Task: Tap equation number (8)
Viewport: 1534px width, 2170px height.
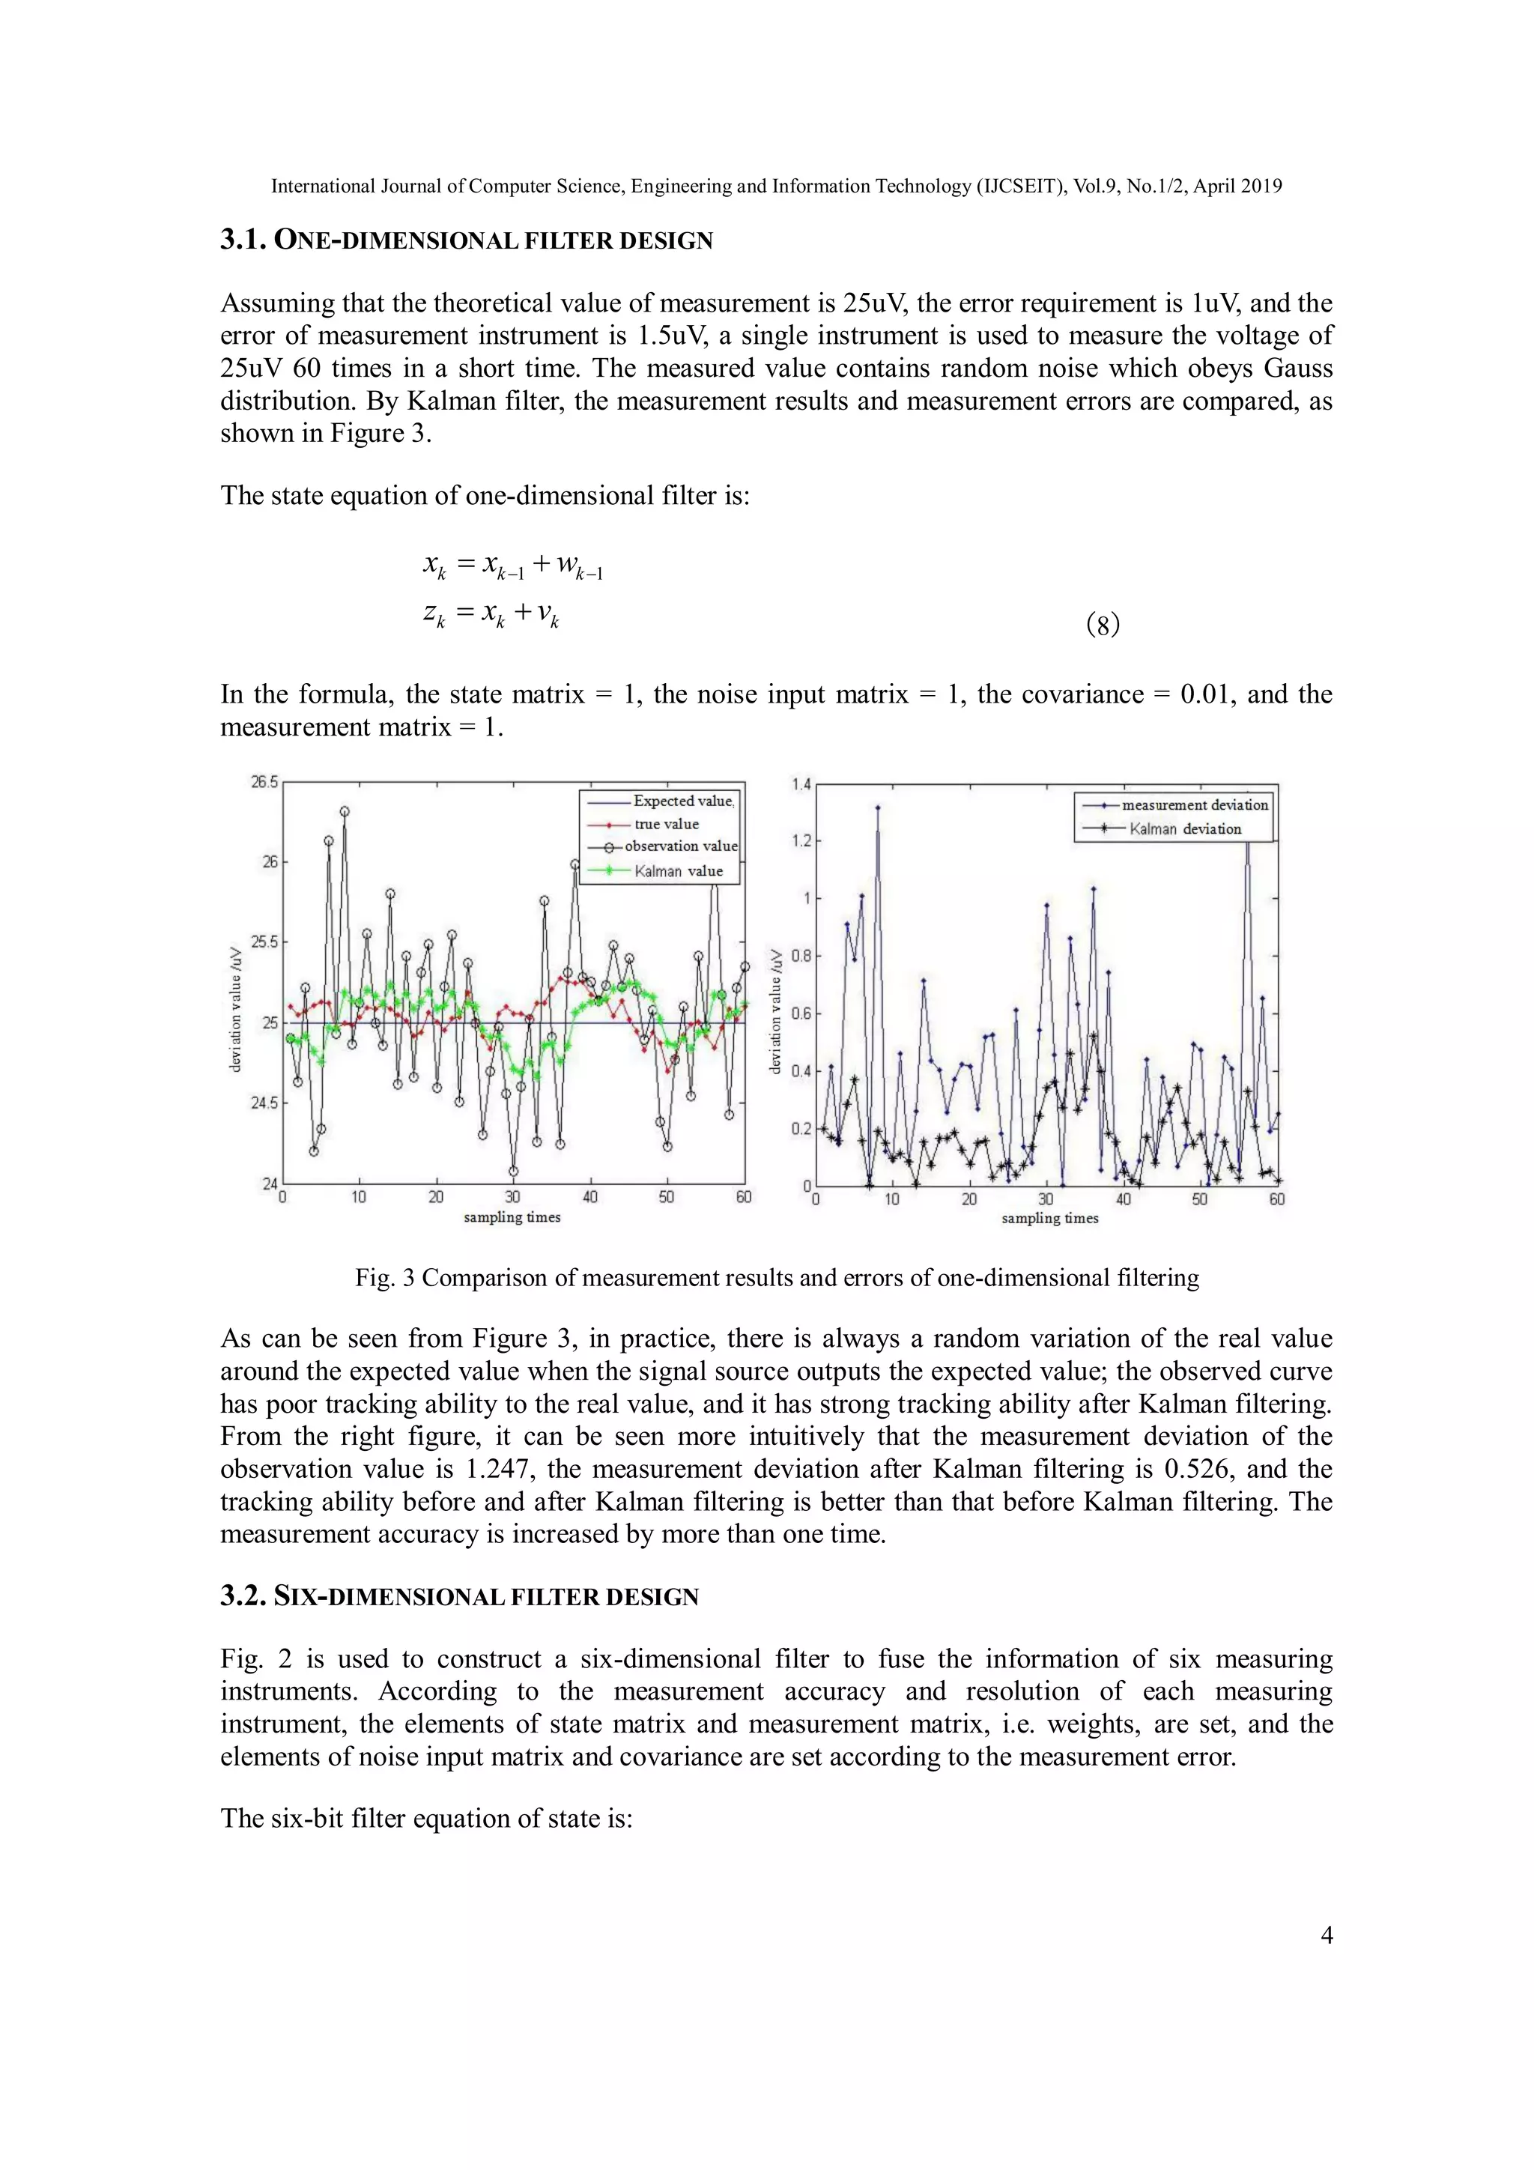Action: [x=1102, y=625]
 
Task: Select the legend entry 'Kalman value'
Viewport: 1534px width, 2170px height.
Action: [x=678, y=871]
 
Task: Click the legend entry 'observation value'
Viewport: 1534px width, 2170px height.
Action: [x=679, y=846]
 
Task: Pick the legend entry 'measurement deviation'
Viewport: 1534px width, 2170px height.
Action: [x=1194, y=805]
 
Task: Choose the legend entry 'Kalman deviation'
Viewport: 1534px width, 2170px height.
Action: [x=1184, y=829]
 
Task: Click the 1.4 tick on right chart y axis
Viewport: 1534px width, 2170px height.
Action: [x=801, y=784]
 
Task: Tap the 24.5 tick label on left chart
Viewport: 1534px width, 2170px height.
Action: [x=264, y=1103]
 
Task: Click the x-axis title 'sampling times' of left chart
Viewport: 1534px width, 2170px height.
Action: [x=512, y=1217]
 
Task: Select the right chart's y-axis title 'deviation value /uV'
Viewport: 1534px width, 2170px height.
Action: [x=776, y=1011]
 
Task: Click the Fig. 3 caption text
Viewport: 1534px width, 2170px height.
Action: [x=776, y=1278]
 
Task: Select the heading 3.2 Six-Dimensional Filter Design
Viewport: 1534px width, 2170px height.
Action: [x=459, y=1596]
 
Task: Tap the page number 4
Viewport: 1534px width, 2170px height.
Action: [x=1326, y=1935]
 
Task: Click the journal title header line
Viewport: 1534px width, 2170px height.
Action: [x=776, y=187]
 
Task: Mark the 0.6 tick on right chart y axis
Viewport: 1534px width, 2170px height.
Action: [x=801, y=1013]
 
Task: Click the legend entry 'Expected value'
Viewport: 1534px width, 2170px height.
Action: [x=682, y=801]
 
